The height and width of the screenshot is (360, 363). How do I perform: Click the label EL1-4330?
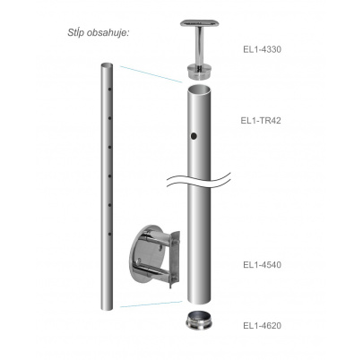262,49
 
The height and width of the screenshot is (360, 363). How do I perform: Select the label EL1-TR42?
261,120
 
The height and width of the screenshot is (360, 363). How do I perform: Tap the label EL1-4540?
262,265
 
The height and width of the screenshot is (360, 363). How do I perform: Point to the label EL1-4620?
262,325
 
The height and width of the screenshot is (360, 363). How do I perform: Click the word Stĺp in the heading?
76,32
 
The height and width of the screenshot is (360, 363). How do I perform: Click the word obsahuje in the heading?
108,32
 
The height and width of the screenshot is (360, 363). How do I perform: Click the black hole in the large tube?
194,136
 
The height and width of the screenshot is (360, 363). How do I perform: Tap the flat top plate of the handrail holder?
198,23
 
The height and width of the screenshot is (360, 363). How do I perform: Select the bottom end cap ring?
199,321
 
